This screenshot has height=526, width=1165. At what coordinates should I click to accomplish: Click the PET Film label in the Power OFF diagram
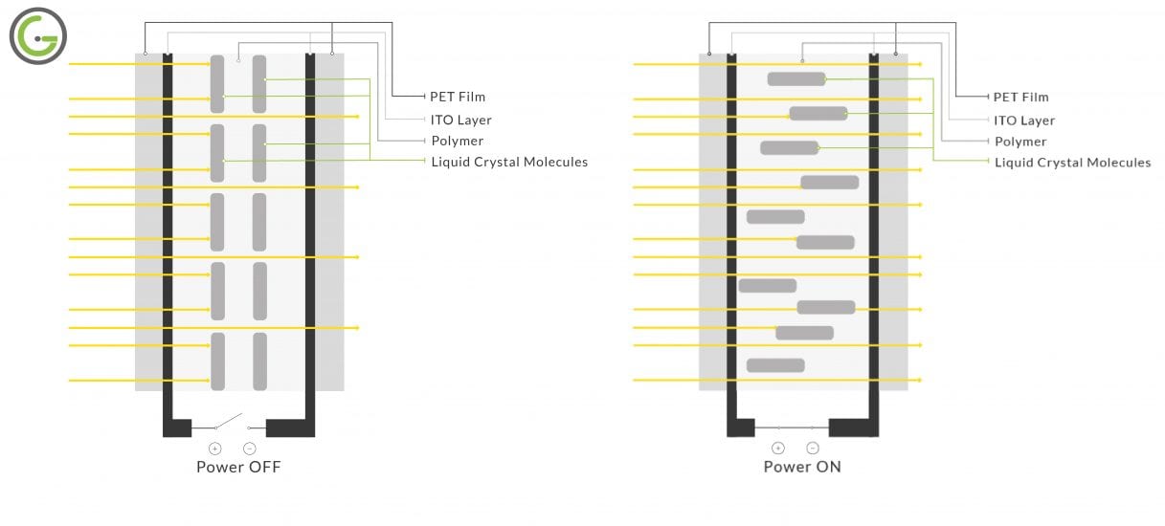[x=458, y=97]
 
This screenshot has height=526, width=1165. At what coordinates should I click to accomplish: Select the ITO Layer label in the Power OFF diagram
[x=460, y=121]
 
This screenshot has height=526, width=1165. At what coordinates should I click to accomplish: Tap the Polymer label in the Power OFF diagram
[x=457, y=142]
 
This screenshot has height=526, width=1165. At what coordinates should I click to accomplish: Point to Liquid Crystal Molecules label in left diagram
[x=509, y=163]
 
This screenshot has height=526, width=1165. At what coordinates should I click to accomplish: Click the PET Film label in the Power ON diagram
[x=1020, y=97]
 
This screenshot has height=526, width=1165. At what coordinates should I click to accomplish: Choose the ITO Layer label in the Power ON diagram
[x=1023, y=121]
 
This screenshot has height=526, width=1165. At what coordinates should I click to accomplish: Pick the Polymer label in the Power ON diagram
[x=1019, y=142]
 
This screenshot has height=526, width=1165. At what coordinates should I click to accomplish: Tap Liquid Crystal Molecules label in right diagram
[x=1072, y=163]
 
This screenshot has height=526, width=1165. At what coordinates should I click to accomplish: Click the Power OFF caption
[x=238, y=467]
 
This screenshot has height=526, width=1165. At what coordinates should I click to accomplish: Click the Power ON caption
[x=802, y=467]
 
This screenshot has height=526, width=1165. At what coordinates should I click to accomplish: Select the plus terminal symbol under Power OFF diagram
[x=214, y=448]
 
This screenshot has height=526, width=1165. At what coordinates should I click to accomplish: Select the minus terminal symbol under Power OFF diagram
[x=250, y=448]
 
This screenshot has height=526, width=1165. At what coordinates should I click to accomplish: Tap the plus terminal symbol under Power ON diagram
[x=778, y=448]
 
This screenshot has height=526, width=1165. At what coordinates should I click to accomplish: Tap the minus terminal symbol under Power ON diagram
[x=813, y=448]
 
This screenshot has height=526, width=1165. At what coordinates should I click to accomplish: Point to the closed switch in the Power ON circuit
[x=795, y=427]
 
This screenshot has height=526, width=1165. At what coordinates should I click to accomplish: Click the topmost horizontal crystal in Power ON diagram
[x=796, y=78]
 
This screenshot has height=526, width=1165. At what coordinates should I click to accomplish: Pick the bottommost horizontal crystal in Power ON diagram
[x=775, y=365]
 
